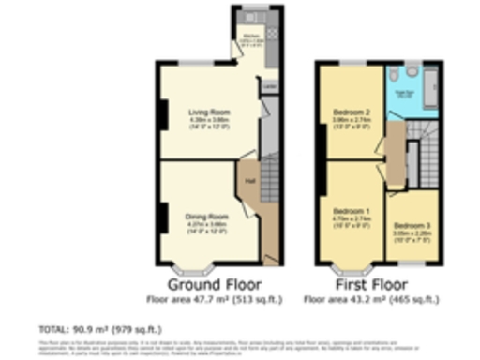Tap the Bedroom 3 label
click(410, 226)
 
